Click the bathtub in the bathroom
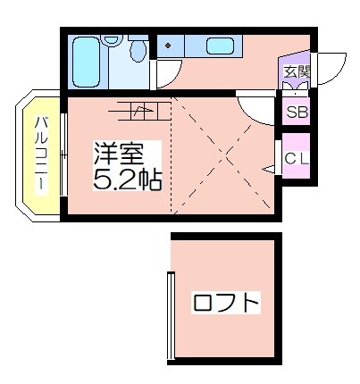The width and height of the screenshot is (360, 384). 86,62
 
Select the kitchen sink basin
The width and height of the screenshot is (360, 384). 220,46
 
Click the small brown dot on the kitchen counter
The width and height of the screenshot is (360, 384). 168,46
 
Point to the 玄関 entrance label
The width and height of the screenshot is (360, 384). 297,71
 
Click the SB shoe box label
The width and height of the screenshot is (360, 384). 297,113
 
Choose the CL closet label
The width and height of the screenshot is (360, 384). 296,159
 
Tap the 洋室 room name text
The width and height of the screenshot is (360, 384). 119,154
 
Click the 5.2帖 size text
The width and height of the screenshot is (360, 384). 128,179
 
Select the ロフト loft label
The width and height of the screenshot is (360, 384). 226,303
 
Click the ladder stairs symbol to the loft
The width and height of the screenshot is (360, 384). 140,112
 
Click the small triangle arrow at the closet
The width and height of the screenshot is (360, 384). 269,169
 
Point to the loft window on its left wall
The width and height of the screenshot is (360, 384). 171,315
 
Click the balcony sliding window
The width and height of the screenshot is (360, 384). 63,154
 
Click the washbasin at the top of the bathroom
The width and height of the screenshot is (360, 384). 112,40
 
